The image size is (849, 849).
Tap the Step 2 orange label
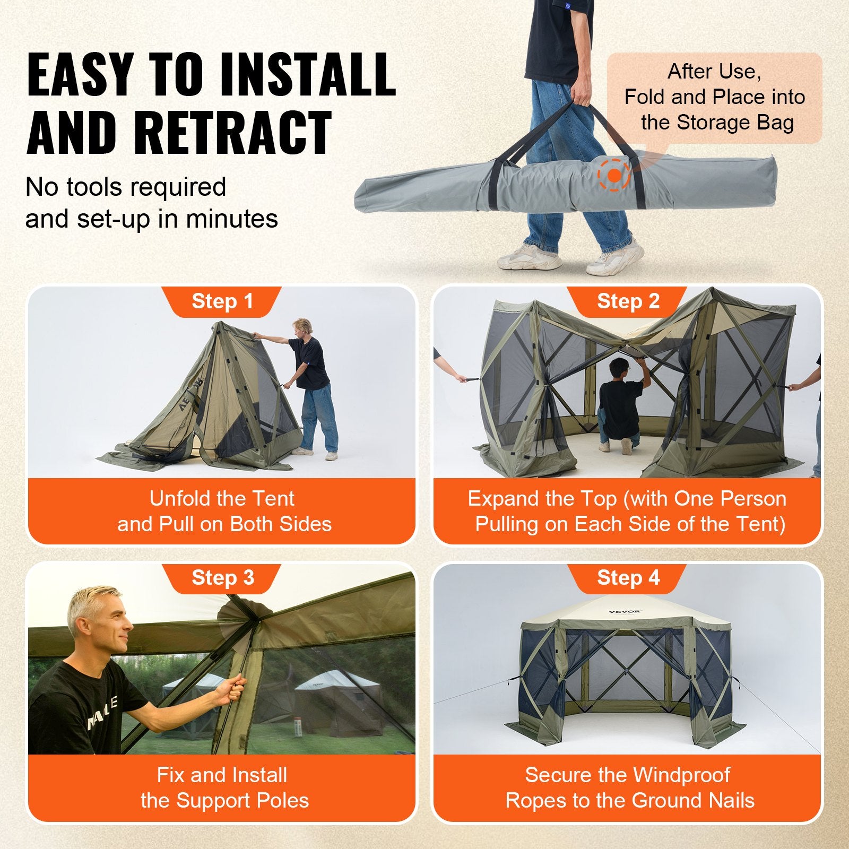[628, 301]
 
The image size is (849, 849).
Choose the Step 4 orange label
[628, 577]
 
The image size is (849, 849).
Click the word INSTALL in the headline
[308, 74]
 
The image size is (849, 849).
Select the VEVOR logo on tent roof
[625, 612]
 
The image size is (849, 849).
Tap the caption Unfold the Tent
[222, 499]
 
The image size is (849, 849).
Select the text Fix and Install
[222, 775]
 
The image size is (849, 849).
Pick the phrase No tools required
[126, 187]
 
